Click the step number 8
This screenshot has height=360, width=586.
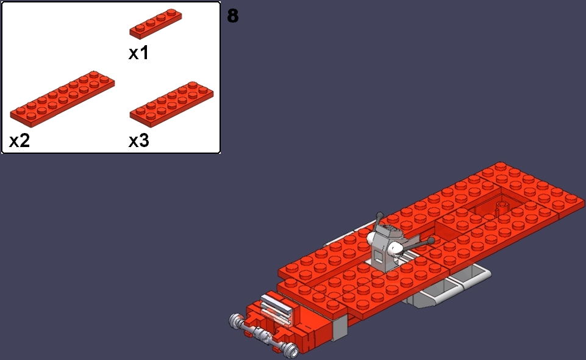[232, 16]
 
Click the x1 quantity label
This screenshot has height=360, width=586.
[138, 52]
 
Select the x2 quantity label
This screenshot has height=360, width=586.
[19, 141]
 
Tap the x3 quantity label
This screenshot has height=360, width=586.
[138, 141]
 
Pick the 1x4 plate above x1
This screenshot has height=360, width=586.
[155, 24]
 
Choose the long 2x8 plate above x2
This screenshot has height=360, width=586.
[62, 99]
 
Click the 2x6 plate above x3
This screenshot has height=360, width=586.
[171, 104]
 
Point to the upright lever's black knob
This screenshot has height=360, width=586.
[379, 216]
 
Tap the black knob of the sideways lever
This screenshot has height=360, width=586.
[431, 241]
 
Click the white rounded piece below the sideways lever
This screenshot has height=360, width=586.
[395, 248]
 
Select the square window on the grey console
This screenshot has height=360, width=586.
[379, 257]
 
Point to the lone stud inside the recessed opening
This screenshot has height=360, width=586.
[502, 206]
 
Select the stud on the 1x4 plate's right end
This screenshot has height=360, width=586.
[172, 12]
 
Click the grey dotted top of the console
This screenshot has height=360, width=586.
[390, 231]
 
